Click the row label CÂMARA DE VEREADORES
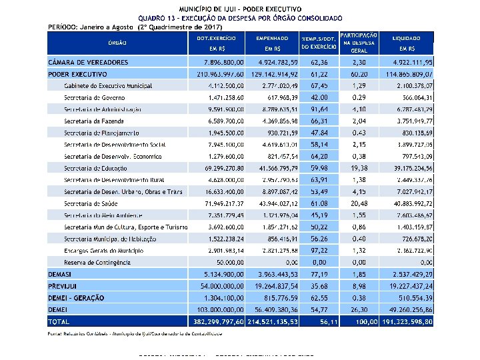point(88,62)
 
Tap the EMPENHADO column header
point(272,39)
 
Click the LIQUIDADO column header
point(406,39)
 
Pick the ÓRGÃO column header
point(117,43)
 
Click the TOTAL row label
point(59,321)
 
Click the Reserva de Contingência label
point(97,263)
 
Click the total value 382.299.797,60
point(220,321)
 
